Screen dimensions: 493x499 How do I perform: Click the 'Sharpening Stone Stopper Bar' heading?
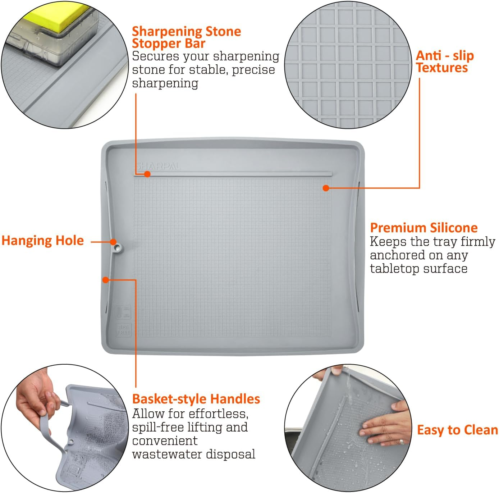pyautogui.click(x=186, y=37)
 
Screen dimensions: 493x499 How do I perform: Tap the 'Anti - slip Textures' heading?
pyautogui.click(x=444, y=61)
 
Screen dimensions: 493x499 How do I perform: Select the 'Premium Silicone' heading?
pyautogui.click(x=424, y=228)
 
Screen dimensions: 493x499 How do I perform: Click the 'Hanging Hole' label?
pyautogui.click(x=42, y=240)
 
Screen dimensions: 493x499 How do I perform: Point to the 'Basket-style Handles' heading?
pyautogui.click(x=196, y=399)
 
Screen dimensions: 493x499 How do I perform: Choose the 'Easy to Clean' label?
pyautogui.click(x=457, y=430)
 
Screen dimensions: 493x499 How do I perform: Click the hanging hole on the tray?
pyautogui.click(x=117, y=248)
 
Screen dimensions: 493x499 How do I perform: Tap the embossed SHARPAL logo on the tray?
pyautogui.click(x=158, y=166)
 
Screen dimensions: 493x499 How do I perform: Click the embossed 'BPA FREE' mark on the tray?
pyautogui.click(x=123, y=330)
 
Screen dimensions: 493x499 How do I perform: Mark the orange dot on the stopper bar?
pyautogui.click(x=147, y=174)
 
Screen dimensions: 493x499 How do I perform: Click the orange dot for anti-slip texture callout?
pyautogui.click(x=326, y=188)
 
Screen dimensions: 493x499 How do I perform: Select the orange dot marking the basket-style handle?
pyautogui.click(x=105, y=280)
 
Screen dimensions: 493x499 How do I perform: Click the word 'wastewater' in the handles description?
pyautogui.click(x=166, y=454)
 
